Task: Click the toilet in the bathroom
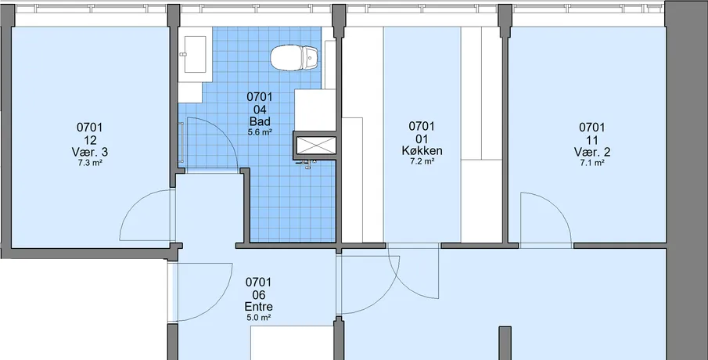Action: (295, 58)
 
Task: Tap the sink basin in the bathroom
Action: (195, 54)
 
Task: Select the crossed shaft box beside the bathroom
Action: (315, 145)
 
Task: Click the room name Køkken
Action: (422, 151)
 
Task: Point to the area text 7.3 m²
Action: (89, 163)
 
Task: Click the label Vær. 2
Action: (592, 152)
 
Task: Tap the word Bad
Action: (260, 121)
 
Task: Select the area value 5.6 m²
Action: (260, 132)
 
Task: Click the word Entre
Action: (258, 307)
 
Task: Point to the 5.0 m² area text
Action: (258, 318)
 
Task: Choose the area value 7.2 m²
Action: (422, 161)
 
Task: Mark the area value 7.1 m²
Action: (592, 163)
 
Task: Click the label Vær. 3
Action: (89, 153)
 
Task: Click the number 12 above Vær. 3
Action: (89, 140)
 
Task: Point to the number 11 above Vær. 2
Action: (592, 140)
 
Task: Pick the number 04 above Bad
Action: (260, 110)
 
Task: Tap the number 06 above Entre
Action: (258, 295)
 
